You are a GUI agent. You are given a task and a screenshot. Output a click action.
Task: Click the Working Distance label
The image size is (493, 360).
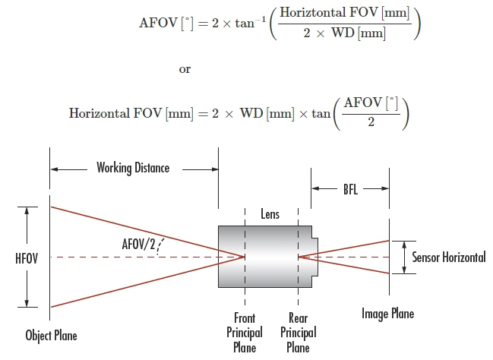coord(133,168)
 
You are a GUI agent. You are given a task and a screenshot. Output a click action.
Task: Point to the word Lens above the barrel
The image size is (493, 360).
coord(270,214)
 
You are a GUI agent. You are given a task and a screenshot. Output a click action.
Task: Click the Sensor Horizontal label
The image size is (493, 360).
coord(448,257)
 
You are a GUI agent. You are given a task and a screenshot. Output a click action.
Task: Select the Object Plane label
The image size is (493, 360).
coord(51,335)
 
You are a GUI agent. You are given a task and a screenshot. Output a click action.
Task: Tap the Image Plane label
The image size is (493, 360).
coord(387,314)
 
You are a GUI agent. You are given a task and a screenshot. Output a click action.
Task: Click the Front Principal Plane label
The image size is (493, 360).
coord(244,332)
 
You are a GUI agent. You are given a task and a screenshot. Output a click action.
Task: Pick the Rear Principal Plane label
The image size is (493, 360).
coord(298,332)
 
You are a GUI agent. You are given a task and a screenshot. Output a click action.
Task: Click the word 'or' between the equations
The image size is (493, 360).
coord(185,69)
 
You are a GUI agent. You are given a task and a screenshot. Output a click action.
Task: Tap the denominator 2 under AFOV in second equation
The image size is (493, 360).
coord(370,124)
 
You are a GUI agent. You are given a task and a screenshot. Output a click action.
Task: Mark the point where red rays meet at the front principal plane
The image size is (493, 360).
coord(244,257)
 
